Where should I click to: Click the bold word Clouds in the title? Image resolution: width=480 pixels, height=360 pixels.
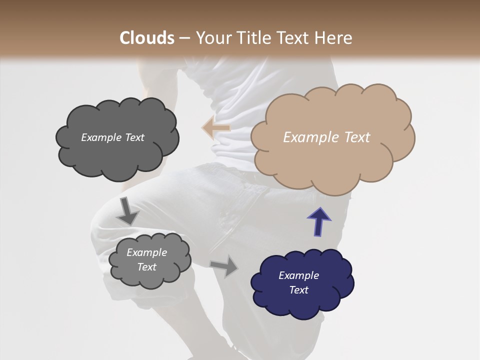point(146,38)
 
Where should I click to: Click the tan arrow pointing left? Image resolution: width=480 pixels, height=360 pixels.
point(216,128)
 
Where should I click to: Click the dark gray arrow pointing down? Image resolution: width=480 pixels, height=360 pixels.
point(127,211)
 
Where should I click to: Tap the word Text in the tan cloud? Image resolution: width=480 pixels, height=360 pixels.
point(358,137)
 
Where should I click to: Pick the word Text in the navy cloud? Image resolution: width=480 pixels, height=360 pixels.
point(299,290)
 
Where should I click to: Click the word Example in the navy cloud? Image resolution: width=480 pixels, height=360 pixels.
point(299,275)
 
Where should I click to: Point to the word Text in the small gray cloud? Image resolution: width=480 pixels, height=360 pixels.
point(147,267)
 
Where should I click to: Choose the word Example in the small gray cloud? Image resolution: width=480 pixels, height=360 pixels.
point(147,252)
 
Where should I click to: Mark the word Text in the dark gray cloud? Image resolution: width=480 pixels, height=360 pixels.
point(134,137)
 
